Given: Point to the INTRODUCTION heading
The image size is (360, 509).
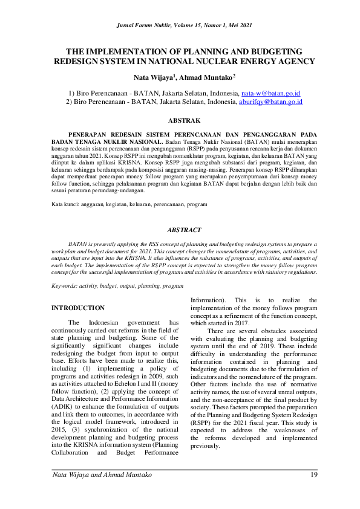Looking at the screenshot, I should click(x=78, y=308).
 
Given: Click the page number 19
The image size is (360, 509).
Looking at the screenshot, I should click(x=313, y=476).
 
